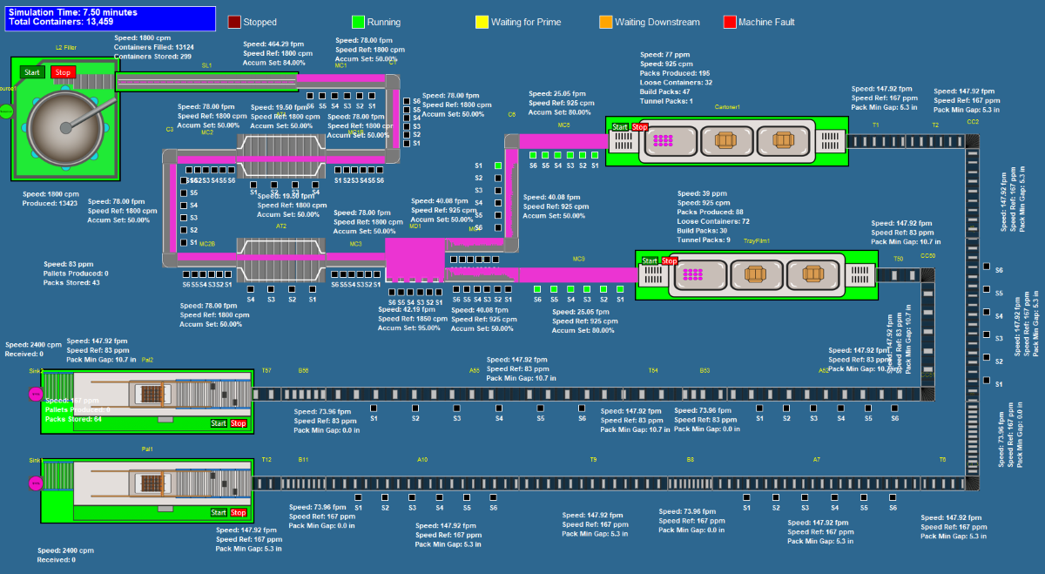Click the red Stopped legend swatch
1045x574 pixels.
tap(234, 22)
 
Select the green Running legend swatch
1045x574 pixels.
tap(358, 22)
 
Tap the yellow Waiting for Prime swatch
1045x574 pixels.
tap(482, 22)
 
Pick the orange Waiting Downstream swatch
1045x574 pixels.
tap(605, 22)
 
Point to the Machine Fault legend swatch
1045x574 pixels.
tap(729, 22)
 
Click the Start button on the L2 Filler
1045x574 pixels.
tap(32, 72)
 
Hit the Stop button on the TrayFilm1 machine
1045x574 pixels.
tap(670, 261)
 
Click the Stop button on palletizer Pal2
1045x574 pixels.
tap(239, 423)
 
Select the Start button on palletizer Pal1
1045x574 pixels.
tap(219, 513)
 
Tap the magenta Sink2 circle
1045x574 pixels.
tap(36, 395)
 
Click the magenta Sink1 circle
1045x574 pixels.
tap(36, 483)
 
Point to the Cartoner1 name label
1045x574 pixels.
tap(727, 106)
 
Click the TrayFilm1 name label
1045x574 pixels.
tap(756, 240)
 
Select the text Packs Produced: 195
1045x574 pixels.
tap(675, 73)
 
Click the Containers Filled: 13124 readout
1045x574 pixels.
tap(154, 47)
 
